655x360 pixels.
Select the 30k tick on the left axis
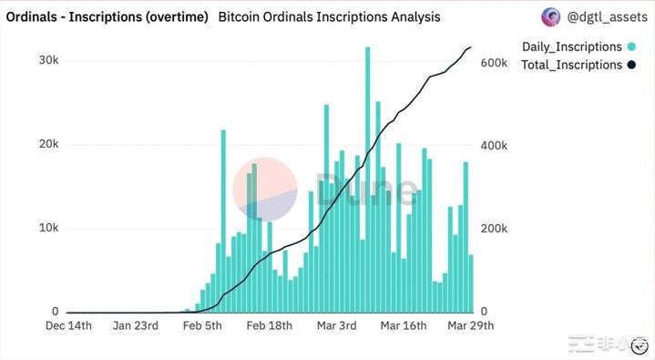coord(49,60)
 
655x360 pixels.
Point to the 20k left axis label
coord(49,145)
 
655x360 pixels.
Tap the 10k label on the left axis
coord(49,228)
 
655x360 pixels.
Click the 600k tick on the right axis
coord(494,63)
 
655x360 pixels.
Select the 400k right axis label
coord(494,146)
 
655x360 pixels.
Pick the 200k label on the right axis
coord(494,229)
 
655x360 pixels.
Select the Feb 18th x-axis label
coord(270,325)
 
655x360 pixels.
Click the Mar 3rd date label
coord(337,325)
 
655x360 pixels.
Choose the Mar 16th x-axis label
coord(404,325)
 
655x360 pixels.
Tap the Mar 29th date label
coord(470,325)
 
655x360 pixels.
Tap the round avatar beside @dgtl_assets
coord(551,16)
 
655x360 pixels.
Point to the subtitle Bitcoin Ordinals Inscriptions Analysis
coord(330,16)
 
